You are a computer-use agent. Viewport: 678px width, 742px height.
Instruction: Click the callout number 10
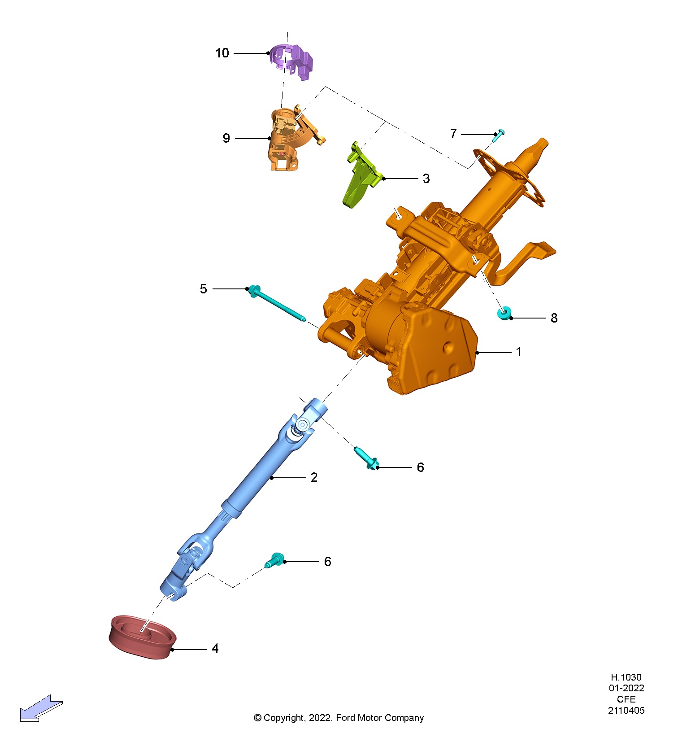coord(222,53)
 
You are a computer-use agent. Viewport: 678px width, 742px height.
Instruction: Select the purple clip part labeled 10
coord(292,61)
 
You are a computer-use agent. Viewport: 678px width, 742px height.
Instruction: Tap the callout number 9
coord(226,138)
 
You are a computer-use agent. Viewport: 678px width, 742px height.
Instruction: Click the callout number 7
coord(453,134)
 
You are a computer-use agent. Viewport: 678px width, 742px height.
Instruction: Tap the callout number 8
coord(554,318)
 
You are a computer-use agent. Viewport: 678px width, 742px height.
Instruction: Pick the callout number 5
coord(204,289)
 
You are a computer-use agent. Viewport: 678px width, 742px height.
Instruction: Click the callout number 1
coord(518,352)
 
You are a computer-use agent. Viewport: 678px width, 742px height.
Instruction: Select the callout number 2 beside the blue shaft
coord(314,477)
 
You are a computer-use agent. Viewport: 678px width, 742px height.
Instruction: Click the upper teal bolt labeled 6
coord(366,458)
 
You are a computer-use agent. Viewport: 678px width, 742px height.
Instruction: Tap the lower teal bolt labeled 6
coord(275,560)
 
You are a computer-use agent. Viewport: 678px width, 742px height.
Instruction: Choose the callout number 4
coord(215,649)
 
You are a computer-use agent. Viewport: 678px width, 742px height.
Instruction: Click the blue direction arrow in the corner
coord(40,709)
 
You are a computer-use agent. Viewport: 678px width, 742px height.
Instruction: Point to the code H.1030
coord(626,677)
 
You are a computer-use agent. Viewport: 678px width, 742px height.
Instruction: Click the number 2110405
coord(626,711)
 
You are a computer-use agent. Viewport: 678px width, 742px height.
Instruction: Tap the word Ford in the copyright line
coord(345,718)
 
